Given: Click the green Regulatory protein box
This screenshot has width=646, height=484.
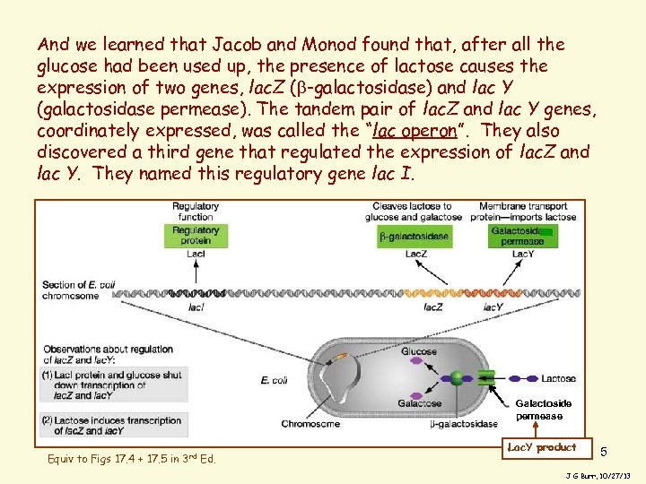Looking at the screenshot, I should coord(195,235).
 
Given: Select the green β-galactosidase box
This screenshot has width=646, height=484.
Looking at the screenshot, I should coord(414,237).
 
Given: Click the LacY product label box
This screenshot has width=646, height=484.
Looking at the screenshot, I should coord(542,447).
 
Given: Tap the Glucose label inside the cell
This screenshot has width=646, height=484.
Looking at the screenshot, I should coord(418,352).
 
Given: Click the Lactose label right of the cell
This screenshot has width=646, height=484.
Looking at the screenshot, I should coord(559,379).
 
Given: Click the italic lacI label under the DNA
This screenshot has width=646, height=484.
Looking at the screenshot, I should coord(196,307).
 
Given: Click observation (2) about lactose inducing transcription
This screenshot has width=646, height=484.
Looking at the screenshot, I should coord(114,425).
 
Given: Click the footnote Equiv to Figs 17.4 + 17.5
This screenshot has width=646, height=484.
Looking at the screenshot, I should coord(132,460).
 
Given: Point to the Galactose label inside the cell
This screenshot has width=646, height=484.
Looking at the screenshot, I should coord(419,403).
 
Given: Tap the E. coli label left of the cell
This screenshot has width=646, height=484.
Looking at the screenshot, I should coord(274,380).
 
